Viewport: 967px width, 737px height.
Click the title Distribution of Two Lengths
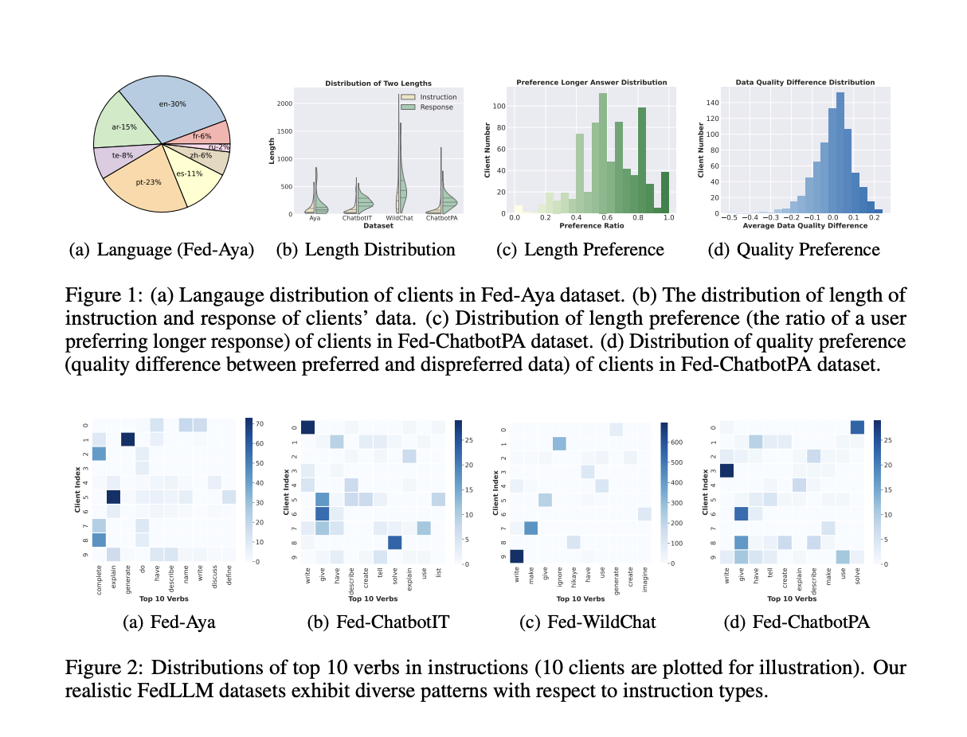coord(378,84)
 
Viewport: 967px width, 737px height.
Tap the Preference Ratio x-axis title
coord(590,224)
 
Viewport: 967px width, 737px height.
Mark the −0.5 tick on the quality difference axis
coord(726,216)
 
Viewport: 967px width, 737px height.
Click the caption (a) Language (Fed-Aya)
coord(162,250)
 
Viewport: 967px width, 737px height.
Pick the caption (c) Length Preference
coord(580,250)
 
